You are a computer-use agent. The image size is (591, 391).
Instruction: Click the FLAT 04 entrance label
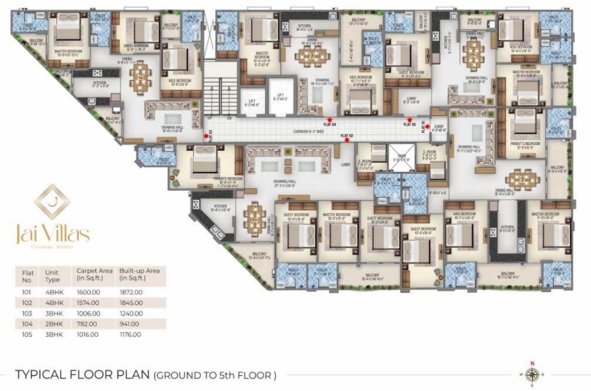[330, 123]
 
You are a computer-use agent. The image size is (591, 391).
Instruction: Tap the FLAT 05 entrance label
[409, 123]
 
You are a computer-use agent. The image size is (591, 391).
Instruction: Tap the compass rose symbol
[533, 375]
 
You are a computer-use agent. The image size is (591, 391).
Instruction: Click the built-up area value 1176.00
[131, 335]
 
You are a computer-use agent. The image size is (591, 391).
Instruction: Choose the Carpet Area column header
[93, 274]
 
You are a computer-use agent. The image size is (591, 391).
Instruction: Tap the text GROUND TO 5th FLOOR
[215, 375]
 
